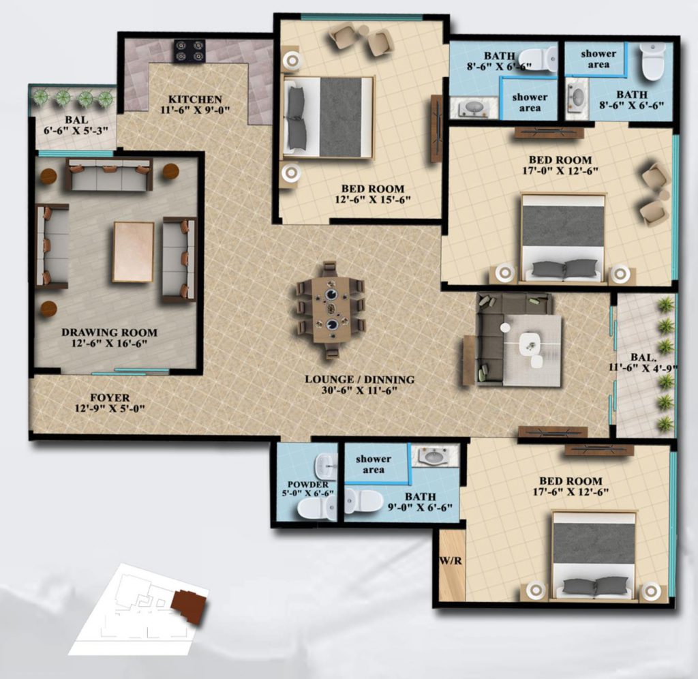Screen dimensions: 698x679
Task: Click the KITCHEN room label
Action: pyautogui.click(x=195, y=100)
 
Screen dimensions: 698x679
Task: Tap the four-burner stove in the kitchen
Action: pyautogui.click(x=189, y=50)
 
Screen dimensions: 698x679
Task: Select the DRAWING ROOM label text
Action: pyautogui.click(x=110, y=332)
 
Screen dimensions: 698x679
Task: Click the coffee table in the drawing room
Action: pyautogui.click(x=134, y=252)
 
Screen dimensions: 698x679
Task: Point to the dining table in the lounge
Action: pyautogui.click(x=331, y=310)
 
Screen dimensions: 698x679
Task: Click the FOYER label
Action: pyautogui.click(x=110, y=397)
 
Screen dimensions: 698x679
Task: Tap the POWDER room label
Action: pyautogui.click(x=308, y=485)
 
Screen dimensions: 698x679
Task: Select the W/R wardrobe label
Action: pyautogui.click(x=451, y=561)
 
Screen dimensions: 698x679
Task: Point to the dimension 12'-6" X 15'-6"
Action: pyautogui.click(x=373, y=200)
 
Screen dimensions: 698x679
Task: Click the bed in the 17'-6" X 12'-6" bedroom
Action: pyautogui.click(x=594, y=555)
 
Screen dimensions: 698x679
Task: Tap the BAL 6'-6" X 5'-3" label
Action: pyautogui.click(x=76, y=125)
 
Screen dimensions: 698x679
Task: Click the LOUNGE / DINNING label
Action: pyautogui.click(x=360, y=380)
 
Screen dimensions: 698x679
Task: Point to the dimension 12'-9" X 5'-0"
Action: pyautogui.click(x=110, y=408)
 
